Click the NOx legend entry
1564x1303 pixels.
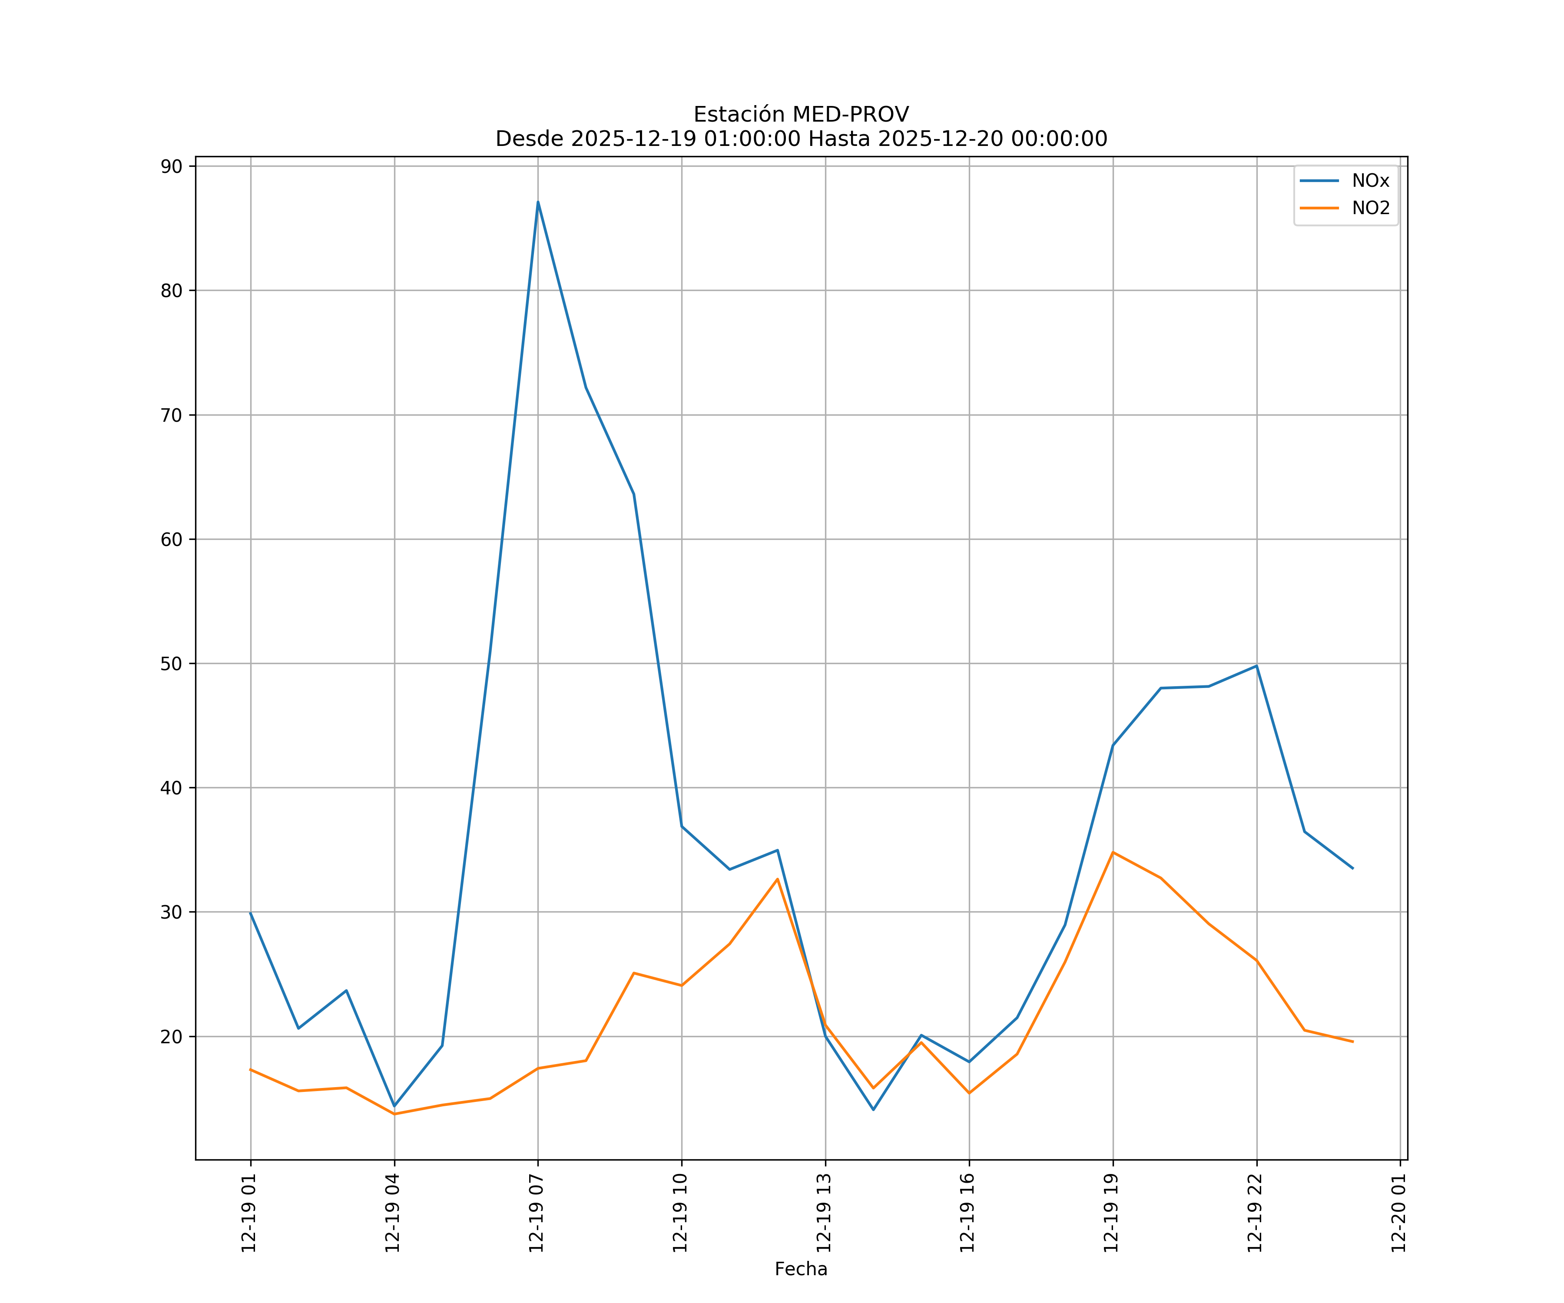coord(1370,181)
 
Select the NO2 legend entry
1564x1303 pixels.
coord(1370,208)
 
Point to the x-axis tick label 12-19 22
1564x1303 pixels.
coord(1256,1212)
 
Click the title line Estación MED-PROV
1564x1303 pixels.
coord(801,115)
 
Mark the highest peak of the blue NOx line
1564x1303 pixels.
coord(538,202)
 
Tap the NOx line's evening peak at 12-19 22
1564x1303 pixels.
coord(1256,666)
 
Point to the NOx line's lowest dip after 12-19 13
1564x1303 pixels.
coord(873,1109)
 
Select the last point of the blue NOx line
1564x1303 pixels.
coord(1352,868)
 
